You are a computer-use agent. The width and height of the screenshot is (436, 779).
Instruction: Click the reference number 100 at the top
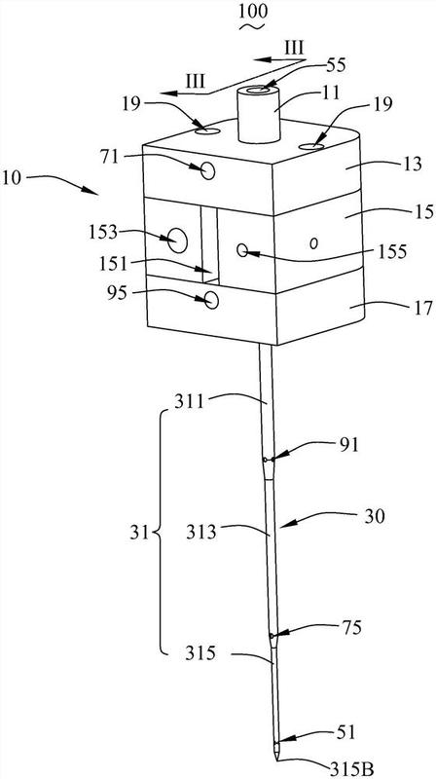(253, 12)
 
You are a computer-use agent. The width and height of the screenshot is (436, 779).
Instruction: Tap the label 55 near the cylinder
(336, 65)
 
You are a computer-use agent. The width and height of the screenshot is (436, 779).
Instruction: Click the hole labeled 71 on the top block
(208, 171)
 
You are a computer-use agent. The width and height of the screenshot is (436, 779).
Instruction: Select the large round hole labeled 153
(178, 241)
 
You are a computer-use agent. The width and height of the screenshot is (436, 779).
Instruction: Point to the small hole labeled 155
(242, 250)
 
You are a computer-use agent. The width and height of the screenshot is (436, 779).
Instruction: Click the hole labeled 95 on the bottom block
(211, 300)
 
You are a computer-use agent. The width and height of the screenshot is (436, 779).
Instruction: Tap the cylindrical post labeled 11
(259, 115)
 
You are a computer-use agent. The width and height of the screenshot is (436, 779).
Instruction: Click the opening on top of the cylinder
(259, 91)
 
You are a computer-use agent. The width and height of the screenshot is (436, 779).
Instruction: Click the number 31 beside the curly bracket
(142, 534)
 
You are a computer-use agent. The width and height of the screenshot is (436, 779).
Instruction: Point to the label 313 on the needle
(201, 533)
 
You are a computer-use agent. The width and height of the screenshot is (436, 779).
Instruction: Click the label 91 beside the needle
(347, 445)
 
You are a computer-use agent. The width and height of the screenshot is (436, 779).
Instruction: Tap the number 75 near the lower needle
(351, 627)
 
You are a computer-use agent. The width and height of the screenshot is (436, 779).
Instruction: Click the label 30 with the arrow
(375, 517)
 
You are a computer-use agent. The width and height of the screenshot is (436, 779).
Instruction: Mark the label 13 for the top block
(412, 165)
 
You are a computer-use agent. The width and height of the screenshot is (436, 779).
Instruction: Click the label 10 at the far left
(11, 178)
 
